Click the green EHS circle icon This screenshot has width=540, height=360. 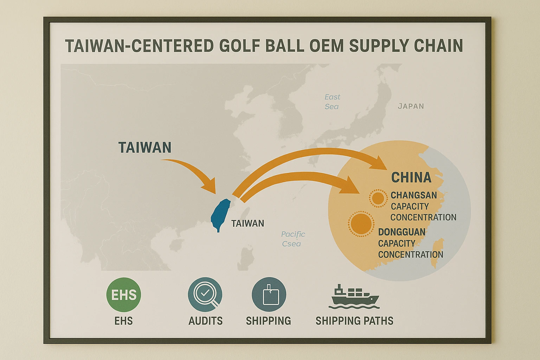123,295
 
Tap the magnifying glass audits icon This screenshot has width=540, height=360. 205,294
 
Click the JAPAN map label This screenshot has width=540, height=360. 411,106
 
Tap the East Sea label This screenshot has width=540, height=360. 332,102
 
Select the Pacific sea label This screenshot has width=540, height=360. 292,239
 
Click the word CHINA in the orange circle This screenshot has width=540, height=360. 411,178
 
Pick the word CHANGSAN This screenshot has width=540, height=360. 413,195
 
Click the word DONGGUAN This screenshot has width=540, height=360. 401,232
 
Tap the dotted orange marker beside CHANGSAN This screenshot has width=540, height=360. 378,198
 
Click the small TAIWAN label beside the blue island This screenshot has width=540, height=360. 247,223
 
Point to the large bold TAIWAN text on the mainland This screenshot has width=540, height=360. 144,147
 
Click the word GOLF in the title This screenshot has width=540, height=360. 240,46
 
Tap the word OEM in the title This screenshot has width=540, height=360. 327,46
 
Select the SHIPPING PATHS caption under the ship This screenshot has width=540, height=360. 354,321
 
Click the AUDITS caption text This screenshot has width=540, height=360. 205,321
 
